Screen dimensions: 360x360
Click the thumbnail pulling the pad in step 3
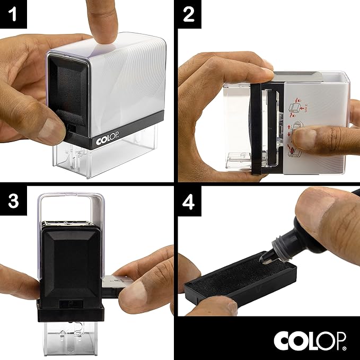tap(144, 292)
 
